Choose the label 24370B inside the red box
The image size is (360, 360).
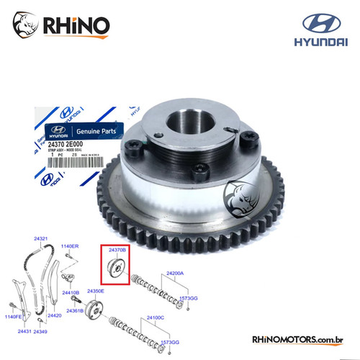(117, 249)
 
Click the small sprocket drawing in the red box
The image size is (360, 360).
(114, 269)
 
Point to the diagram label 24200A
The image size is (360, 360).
(176, 274)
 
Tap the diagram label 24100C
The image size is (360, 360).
(176, 317)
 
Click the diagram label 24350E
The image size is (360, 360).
(96, 291)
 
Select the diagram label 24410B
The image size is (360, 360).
(70, 293)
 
